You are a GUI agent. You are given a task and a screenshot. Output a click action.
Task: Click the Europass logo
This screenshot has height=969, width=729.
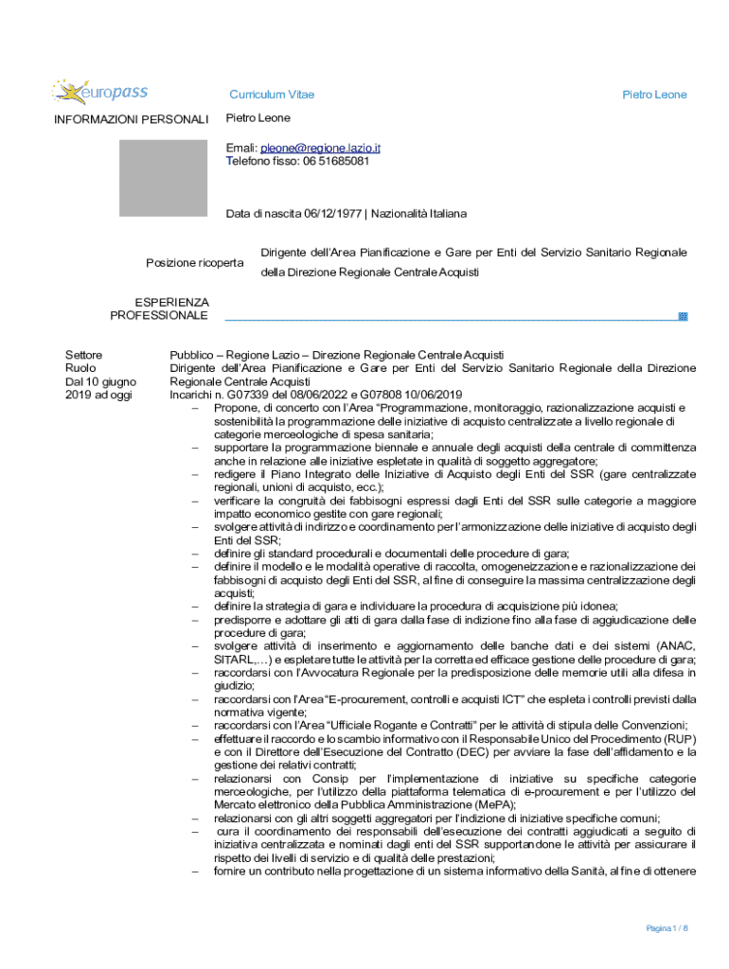pos(99,92)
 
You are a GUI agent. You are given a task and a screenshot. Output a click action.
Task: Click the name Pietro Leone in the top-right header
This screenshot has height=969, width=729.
pos(653,95)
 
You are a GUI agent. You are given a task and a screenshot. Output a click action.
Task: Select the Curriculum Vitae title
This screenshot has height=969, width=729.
pos(272,95)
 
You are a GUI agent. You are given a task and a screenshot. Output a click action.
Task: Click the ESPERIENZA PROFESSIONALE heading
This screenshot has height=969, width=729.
pos(159,308)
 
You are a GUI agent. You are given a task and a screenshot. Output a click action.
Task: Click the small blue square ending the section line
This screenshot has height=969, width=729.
pos(683,316)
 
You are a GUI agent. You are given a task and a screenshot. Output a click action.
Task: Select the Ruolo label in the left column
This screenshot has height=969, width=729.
pos(80,368)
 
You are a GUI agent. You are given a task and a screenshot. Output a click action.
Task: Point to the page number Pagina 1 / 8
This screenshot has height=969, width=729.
pos(667,928)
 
